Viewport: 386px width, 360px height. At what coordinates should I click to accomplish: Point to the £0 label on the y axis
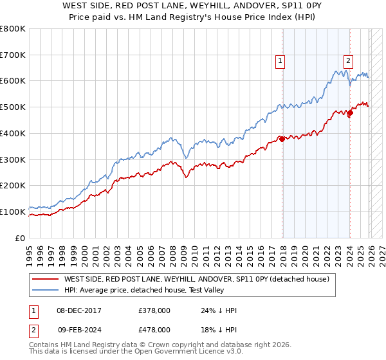[x=19, y=238]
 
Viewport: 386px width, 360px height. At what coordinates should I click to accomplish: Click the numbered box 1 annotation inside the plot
[x=280, y=62]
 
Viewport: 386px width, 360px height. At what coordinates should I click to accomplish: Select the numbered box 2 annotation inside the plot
[x=348, y=62]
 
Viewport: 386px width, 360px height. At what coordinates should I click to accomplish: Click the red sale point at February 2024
[x=350, y=113]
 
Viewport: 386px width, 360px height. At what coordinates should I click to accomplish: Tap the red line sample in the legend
[x=44, y=279]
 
